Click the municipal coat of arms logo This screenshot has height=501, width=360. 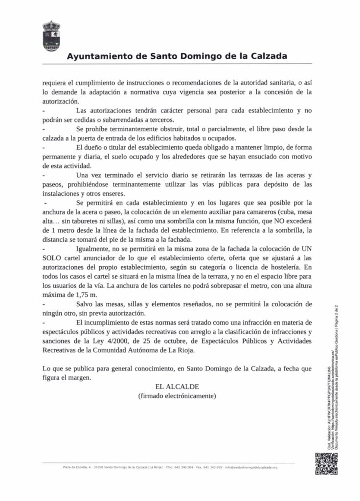pyautogui.click(x=51, y=36)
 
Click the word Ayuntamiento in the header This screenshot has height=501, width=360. pyautogui.click(x=95, y=56)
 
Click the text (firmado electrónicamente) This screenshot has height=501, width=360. pyautogui.click(x=177, y=395)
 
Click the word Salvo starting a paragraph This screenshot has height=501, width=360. pyautogui.click(x=85, y=304)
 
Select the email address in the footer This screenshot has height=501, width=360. pyautogui.click(x=251, y=467)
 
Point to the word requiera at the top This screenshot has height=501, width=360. pyautogui.click(x=54, y=83)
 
